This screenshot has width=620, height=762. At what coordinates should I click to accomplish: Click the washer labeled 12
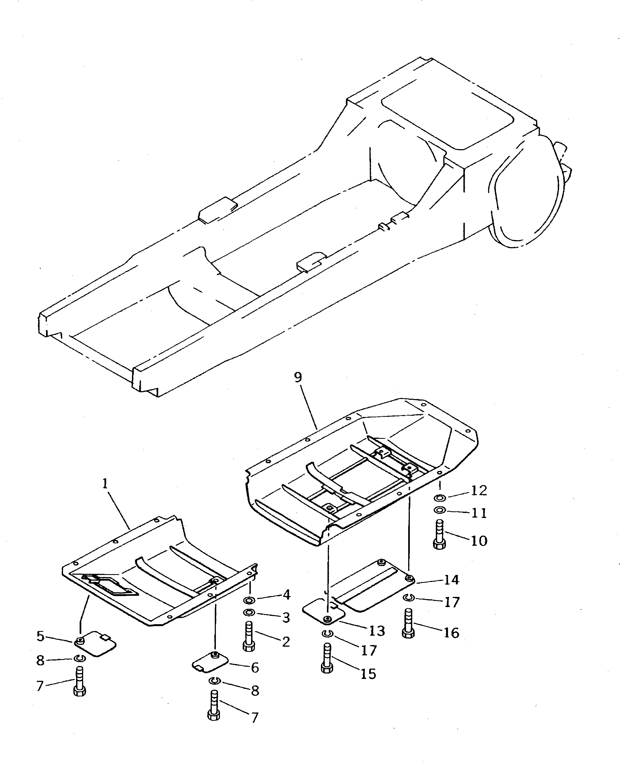(x=440, y=498)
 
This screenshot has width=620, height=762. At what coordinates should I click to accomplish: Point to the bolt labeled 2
(x=249, y=638)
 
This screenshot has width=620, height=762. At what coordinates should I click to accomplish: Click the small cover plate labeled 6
(x=210, y=662)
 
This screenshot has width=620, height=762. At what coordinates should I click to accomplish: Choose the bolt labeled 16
(x=408, y=623)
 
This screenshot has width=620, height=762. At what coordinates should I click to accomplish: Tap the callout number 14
(x=452, y=580)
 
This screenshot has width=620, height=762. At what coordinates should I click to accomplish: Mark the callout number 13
(x=376, y=631)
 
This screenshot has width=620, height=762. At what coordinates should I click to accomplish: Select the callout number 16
(x=452, y=633)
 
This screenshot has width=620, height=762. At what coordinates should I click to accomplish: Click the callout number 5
(x=40, y=636)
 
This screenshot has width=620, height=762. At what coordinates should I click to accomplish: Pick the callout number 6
(x=255, y=668)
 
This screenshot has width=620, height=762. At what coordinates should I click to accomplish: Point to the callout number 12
(x=479, y=491)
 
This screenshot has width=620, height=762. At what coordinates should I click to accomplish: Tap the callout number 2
(x=286, y=642)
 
